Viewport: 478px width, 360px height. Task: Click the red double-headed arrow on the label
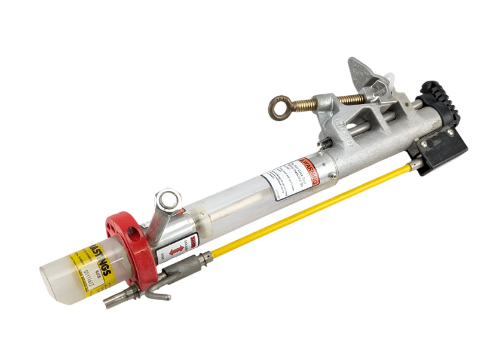[x=175, y=251]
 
